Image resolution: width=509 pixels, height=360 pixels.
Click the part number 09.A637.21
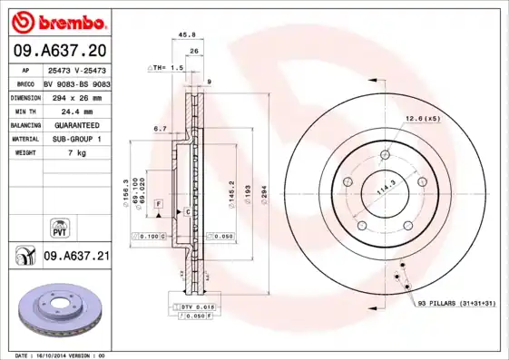tap(76, 258)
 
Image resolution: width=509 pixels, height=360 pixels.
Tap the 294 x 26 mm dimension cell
tap(75, 96)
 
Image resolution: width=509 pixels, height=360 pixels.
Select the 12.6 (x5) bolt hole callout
tap(422, 118)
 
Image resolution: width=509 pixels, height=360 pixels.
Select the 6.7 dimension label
tap(159, 129)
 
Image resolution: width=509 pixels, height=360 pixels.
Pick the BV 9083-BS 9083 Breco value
tap(76, 83)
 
